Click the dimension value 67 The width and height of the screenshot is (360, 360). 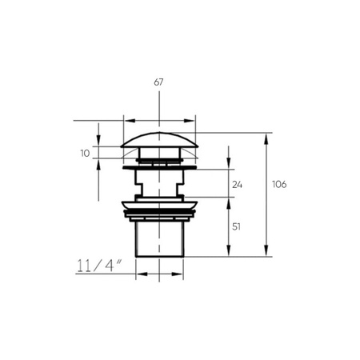tap(158, 82)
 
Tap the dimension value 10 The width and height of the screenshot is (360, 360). tap(85, 154)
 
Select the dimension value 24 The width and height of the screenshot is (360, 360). tap(237, 185)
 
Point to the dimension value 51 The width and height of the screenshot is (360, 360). tap(236, 226)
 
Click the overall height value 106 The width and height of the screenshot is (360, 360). tap(279, 184)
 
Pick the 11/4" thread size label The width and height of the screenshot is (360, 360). tap(99, 266)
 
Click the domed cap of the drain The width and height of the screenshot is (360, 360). tap(159, 139)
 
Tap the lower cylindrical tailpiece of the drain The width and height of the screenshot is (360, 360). tap(159, 239)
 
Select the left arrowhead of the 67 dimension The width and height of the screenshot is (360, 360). tap(130, 121)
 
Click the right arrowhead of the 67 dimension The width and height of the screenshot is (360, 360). tap(189, 121)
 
